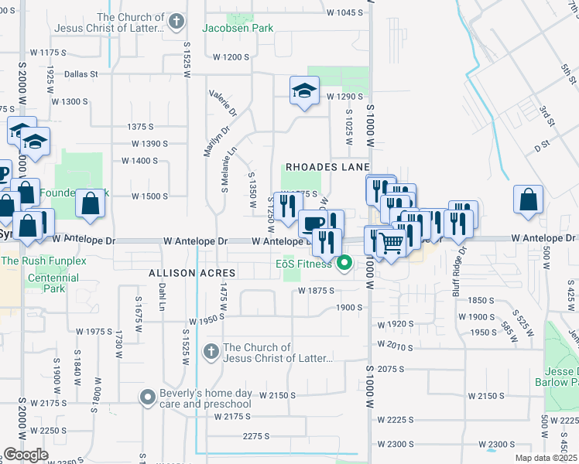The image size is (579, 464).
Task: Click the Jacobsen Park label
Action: [x=227, y=28]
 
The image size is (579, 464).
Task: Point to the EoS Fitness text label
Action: [x=303, y=264]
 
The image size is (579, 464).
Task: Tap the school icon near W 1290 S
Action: [x=304, y=90]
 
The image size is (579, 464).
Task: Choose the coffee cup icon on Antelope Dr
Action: [x=312, y=223]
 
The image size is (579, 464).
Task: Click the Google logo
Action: [x=26, y=455]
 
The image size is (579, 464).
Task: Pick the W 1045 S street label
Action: [x=344, y=12]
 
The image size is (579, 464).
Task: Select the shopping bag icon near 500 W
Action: [x=527, y=199]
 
